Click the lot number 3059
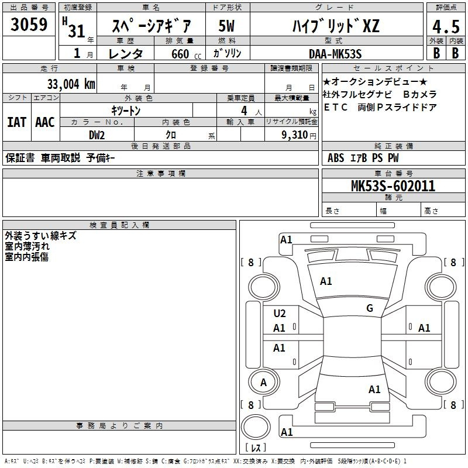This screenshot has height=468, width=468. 29,25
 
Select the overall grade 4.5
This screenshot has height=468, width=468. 446,26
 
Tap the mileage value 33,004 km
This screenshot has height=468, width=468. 71,84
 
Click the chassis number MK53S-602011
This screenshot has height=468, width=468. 393,186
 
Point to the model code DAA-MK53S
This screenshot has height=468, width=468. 335,54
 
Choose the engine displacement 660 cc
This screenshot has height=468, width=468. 186,54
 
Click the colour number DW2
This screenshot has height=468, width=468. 97,135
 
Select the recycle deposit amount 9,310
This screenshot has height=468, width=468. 294,135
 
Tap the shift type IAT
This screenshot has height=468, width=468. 16,122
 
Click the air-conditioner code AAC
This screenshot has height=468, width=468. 45,122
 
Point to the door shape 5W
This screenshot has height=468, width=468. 226,26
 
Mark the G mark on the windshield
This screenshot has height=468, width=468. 370,308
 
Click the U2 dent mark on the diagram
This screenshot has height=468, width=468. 280,314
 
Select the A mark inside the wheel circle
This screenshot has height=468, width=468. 263,383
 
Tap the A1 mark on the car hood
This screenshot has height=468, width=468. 326,281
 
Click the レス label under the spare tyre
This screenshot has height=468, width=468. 256,448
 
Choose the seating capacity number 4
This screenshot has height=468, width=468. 244,111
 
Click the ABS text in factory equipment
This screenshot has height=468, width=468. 336,158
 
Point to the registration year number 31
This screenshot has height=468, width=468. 77,31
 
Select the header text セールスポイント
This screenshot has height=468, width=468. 393,68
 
